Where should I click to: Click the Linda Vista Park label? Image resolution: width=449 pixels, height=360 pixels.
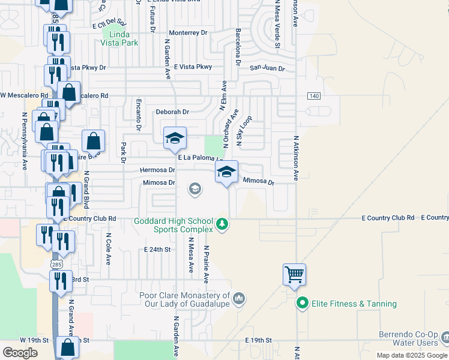(x=120, y=39)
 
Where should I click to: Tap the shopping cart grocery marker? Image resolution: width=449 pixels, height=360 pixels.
(x=294, y=275)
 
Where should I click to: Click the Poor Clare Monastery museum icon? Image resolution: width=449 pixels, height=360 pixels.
(x=239, y=298)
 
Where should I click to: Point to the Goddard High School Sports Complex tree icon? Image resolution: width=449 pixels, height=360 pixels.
(x=223, y=224)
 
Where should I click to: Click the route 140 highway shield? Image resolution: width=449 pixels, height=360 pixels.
(x=313, y=96)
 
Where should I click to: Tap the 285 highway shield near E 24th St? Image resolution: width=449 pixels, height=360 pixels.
(x=55, y=263)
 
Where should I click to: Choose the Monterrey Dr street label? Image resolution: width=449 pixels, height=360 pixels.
(x=188, y=32)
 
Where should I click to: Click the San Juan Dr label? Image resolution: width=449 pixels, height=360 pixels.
(x=267, y=68)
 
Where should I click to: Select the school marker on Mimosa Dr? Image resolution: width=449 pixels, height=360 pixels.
(x=226, y=172)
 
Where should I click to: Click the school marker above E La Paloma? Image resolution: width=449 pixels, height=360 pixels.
(x=175, y=139)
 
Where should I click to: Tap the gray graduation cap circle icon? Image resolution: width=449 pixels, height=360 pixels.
(x=194, y=190)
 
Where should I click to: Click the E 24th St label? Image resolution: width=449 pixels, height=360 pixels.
(x=158, y=249)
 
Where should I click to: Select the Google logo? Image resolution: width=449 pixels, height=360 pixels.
(x=20, y=352)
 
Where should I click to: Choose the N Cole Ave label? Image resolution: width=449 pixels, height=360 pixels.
(x=109, y=250)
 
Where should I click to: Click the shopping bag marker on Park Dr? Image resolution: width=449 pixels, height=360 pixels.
(x=94, y=142)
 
